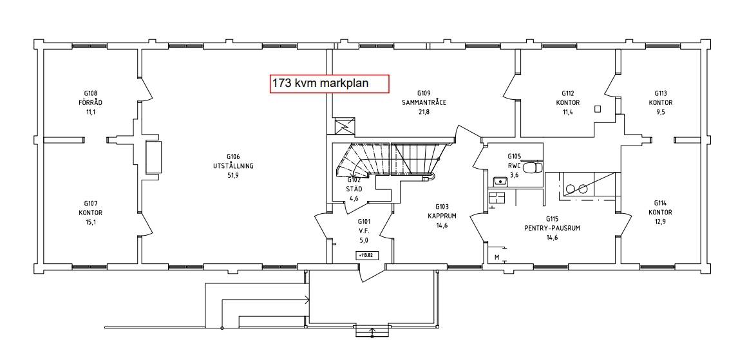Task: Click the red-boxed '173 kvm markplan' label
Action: pyautogui.click(x=330, y=84)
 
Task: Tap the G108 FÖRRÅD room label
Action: pyautogui.click(x=91, y=102)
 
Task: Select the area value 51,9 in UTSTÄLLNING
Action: pyautogui.click(x=233, y=175)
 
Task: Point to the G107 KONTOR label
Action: pyautogui.click(x=91, y=213)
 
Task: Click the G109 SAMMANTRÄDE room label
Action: pyautogui.click(x=424, y=102)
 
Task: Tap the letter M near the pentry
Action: pyautogui.click(x=497, y=258)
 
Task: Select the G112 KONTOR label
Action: pyautogui.click(x=568, y=102)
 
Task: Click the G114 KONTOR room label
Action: pyautogui.click(x=660, y=213)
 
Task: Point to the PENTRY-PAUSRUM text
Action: pyautogui.click(x=552, y=228)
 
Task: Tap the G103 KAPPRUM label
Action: pyautogui.click(x=442, y=216)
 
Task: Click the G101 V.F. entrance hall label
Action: pyautogui.click(x=363, y=231)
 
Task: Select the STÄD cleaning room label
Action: pyautogui.click(x=354, y=189)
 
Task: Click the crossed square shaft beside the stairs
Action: pyautogui.click(x=343, y=126)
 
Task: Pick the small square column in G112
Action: pyautogui.click(x=598, y=109)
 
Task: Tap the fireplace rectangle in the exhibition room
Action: pyautogui.click(x=153, y=157)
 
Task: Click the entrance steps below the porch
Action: pyautogui.click(x=372, y=331)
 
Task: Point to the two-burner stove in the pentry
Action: pyautogui.click(x=576, y=189)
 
